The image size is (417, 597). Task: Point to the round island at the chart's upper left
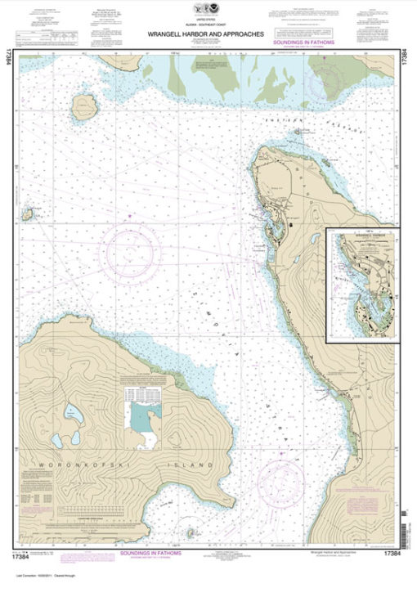click(x=83, y=105)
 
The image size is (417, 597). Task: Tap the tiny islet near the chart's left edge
click(x=28, y=214)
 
